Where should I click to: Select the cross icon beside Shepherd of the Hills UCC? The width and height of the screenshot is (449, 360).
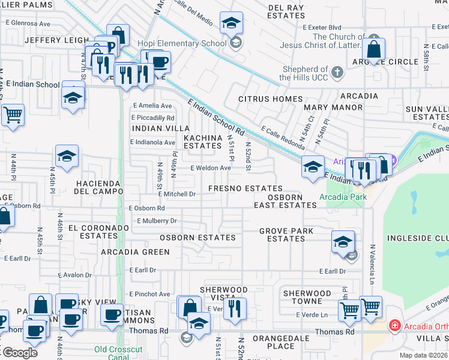(337, 73)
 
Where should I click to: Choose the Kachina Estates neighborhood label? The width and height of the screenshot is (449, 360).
(202, 142)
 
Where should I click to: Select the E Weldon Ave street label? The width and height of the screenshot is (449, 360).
(211, 169)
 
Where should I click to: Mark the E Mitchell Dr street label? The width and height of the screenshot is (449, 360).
(177, 194)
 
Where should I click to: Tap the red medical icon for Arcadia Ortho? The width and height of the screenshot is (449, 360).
(394, 326)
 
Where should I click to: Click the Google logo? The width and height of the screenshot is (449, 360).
(19, 353)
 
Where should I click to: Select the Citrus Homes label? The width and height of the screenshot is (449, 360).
(271, 99)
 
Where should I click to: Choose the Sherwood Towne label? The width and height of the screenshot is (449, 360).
(307, 297)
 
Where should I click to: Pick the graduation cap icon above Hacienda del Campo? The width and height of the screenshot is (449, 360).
(67, 157)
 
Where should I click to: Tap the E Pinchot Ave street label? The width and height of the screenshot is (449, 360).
(149, 295)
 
